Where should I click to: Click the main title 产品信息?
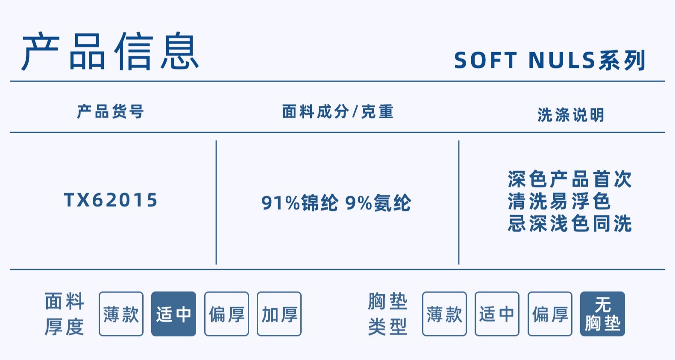click(x=110, y=52)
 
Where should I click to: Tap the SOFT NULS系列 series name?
click(x=549, y=60)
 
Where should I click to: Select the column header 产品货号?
click(x=110, y=112)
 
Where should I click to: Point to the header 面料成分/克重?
click(x=337, y=112)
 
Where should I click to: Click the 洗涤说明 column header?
click(x=571, y=115)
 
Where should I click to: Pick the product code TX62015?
click(x=111, y=200)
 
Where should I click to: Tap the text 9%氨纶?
click(x=378, y=203)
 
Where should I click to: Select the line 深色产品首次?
click(x=569, y=179)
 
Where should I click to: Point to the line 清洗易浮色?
click(x=559, y=201)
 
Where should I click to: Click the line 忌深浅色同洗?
click(x=569, y=223)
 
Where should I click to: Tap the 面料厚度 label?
click(x=65, y=314)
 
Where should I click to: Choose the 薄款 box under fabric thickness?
click(x=121, y=314)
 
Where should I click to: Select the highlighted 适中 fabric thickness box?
click(x=173, y=314)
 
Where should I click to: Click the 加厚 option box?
click(x=279, y=314)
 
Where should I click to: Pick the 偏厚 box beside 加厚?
click(x=226, y=314)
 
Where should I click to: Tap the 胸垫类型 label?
click(x=387, y=314)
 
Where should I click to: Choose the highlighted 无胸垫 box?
click(x=602, y=314)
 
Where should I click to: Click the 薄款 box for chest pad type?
click(x=444, y=314)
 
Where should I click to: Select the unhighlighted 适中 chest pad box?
click(x=497, y=314)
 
